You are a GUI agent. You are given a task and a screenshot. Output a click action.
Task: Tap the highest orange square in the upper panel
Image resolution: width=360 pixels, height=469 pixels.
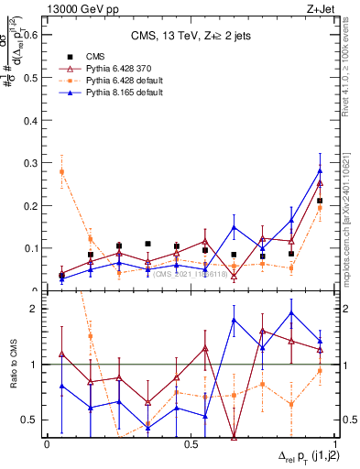tap(61, 171)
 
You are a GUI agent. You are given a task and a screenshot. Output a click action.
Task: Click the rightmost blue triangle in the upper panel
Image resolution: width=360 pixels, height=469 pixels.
tap(320, 170)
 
